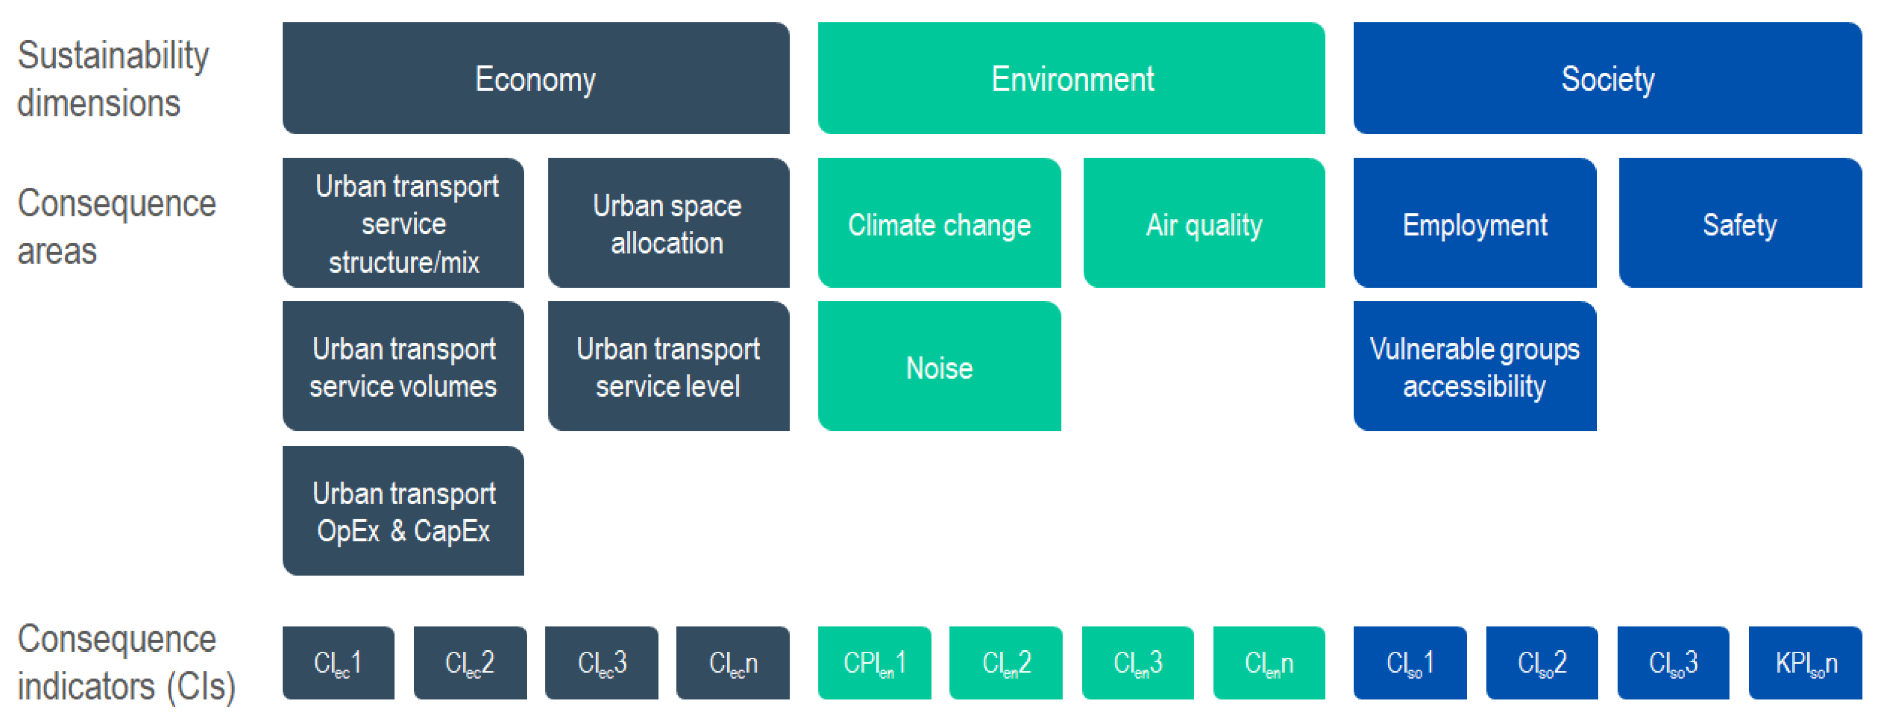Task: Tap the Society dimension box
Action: tap(1608, 78)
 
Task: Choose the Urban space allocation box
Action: tap(668, 223)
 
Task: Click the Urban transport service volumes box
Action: tap(403, 366)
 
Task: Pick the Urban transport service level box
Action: tap(668, 366)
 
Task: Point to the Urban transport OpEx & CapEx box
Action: tap(403, 510)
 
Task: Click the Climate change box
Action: tap(939, 223)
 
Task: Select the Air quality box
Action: tap(1204, 223)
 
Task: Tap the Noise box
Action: tap(939, 366)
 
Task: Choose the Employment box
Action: tap(1475, 223)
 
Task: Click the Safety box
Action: tap(1740, 223)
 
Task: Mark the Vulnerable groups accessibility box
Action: tap(1475, 366)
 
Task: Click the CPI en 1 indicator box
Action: tap(875, 663)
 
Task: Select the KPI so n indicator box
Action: tap(1805, 663)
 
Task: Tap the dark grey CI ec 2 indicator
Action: tap(470, 663)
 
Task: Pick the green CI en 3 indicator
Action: tap(1138, 663)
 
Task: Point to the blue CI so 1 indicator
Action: tap(1410, 663)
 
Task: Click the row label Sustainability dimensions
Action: tap(113, 79)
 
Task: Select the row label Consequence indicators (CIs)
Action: tap(126, 663)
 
